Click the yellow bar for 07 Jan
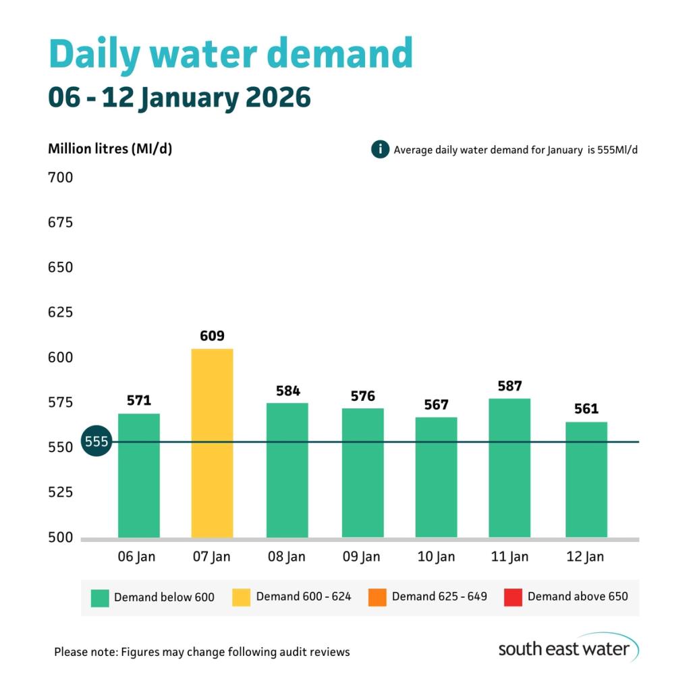point(213,443)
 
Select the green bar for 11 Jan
point(509,468)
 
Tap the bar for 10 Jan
point(436,477)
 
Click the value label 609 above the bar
point(212,335)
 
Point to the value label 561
point(586,409)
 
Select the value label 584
point(287,391)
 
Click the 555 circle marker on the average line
point(95,442)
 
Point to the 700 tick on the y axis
point(60,178)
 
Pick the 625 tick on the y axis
point(60,312)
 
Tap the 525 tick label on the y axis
point(60,492)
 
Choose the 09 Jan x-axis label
point(362,557)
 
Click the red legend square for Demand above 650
point(513,597)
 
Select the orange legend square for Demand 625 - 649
point(377,597)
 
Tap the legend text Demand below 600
point(164,597)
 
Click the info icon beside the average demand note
point(381,149)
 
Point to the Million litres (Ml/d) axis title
point(109,148)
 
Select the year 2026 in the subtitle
point(278,98)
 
